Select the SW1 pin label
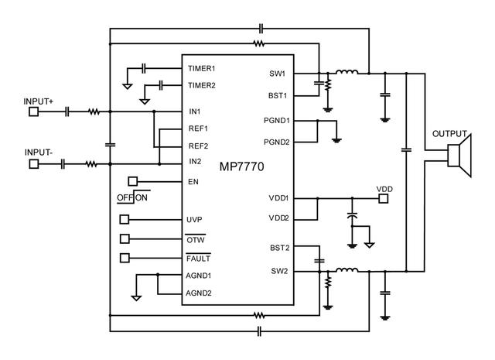[x=277, y=75]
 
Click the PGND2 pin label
[x=275, y=142]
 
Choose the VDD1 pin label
[x=278, y=198]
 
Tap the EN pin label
[x=193, y=182]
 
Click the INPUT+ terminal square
[x=33, y=111]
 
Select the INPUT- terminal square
[x=33, y=163]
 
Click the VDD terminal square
[x=384, y=198]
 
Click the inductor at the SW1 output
[x=346, y=74]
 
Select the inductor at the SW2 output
[x=346, y=271]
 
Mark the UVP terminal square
[x=125, y=219]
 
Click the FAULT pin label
[x=199, y=257]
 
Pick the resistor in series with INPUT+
[x=94, y=111]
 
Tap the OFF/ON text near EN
[x=132, y=198]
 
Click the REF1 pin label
[x=199, y=128]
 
